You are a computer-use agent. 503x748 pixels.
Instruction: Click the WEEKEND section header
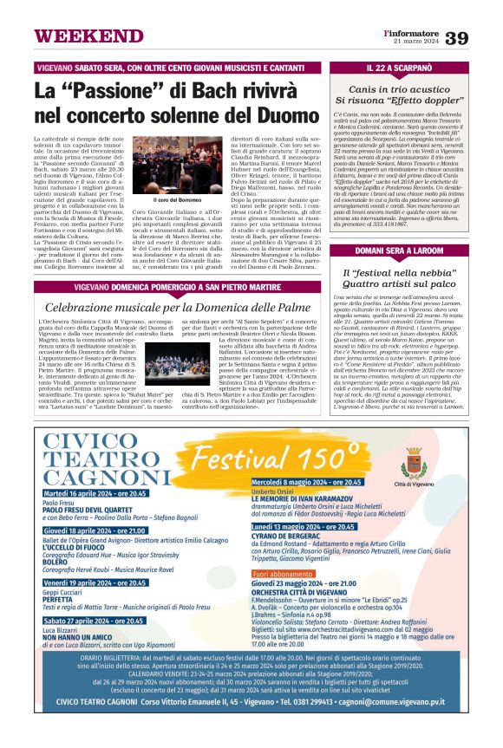pos(77,36)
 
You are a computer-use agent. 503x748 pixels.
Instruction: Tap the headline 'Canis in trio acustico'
pos(411,88)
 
